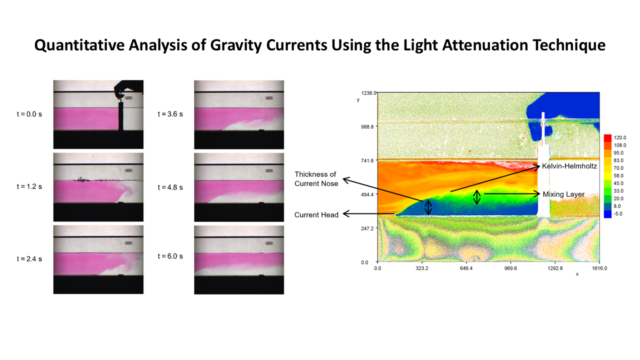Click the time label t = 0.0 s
[29, 114]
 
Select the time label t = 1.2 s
[29, 186]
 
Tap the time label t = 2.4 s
[29, 259]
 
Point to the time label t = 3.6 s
[170, 114]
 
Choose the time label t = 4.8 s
[170, 187]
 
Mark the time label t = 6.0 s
[170, 256]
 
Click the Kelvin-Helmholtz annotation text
[569, 166]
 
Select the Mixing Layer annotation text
[563, 194]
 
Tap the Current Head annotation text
[316, 215]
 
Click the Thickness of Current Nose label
[316, 179]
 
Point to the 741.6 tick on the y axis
[367, 161]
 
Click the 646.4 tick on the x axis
[466, 268]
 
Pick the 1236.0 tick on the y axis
[368, 93]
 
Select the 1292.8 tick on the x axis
[555, 268]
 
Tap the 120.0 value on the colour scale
[619, 137]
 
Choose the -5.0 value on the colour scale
[618, 213]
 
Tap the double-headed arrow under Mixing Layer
[476, 197]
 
